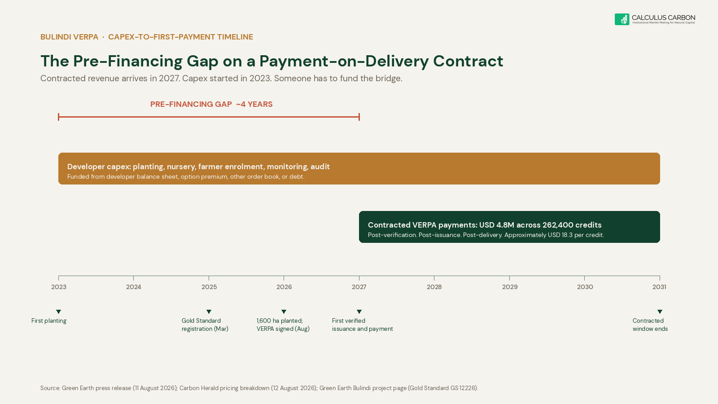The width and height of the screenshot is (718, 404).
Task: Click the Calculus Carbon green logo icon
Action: [x=622, y=19]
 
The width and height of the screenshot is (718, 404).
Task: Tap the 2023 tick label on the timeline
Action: [x=59, y=287]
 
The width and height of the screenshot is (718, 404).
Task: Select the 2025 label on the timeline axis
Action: [x=209, y=287]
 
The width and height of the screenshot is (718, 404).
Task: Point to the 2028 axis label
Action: [x=434, y=287]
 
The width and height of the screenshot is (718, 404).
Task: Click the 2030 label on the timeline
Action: [x=585, y=287]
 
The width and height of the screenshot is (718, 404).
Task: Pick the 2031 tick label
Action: [x=659, y=287]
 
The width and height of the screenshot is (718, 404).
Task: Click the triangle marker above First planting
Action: [x=58, y=312]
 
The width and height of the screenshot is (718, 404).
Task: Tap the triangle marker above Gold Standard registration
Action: [x=209, y=312]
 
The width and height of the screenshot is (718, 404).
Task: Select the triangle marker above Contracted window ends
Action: [x=660, y=312]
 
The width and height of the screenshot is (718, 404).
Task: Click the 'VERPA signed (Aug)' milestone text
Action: [x=283, y=329]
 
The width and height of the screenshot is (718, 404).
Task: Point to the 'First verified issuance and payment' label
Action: [x=362, y=325]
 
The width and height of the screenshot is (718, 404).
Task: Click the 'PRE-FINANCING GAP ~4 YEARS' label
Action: [x=211, y=104]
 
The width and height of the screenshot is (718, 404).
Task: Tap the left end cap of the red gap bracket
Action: [x=58, y=117]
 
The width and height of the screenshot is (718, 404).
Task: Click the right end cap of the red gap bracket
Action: [x=359, y=117]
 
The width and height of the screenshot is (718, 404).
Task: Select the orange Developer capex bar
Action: [x=359, y=169]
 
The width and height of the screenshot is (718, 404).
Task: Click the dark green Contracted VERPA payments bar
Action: [x=509, y=227]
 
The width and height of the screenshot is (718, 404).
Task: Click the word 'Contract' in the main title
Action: [x=468, y=61]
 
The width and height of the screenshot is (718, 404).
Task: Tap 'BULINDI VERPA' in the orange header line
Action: [x=69, y=37]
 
